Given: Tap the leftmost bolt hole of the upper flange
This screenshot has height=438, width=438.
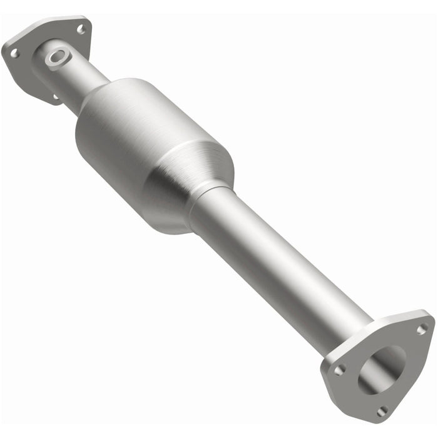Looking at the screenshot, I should click(x=14, y=54).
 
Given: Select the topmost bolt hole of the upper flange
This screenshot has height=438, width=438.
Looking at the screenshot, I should click(x=80, y=29).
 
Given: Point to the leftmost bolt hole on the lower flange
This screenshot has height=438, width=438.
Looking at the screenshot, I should click(x=339, y=370).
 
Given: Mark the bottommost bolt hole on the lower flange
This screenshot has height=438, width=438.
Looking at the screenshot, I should click(x=382, y=410).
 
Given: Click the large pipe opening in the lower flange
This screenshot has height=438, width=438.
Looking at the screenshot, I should click(x=382, y=369).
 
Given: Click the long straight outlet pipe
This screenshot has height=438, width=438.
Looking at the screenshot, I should click(x=282, y=263).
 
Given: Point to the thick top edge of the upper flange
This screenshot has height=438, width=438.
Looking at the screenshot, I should click(x=50, y=22).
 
